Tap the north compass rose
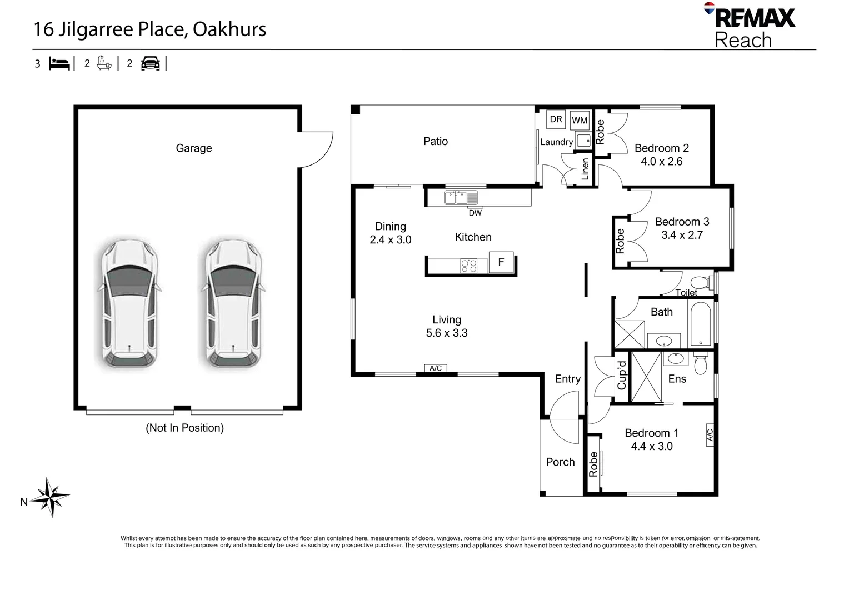(x=50, y=497)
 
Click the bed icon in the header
(x=59, y=63)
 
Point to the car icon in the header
(x=150, y=63)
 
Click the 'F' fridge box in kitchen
(x=501, y=262)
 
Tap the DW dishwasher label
(x=475, y=213)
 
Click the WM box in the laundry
(x=580, y=120)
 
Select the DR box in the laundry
(x=556, y=119)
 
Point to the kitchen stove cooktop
(x=468, y=266)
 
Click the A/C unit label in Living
(x=436, y=368)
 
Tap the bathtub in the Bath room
(x=701, y=324)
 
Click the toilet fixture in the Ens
(x=701, y=363)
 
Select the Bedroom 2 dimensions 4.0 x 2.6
(x=661, y=162)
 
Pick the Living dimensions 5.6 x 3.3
(x=447, y=333)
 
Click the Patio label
(x=436, y=141)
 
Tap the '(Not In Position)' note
(x=184, y=428)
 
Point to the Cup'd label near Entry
(x=622, y=376)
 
